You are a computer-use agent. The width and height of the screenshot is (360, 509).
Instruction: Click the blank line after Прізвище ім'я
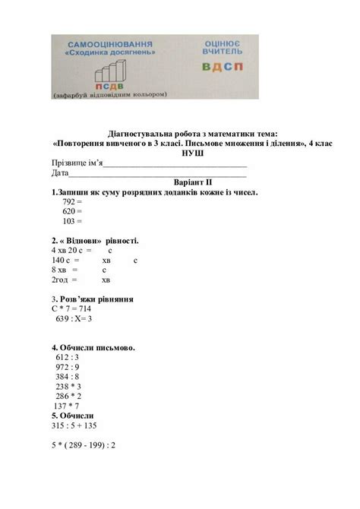tap(175, 163)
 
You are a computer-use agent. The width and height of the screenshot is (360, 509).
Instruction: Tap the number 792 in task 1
tap(69, 202)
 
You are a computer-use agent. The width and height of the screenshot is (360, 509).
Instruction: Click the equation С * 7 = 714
tap(71, 309)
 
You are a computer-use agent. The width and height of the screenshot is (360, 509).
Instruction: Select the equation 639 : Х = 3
tap(74, 319)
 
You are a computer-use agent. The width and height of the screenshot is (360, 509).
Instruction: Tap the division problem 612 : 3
tap(68, 357)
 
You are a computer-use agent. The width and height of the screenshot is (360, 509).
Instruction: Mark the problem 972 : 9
tap(68, 367)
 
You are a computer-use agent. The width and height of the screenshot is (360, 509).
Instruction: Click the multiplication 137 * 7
tap(68, 406)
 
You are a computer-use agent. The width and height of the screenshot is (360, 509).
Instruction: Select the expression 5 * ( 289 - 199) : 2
tap(83, 444)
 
